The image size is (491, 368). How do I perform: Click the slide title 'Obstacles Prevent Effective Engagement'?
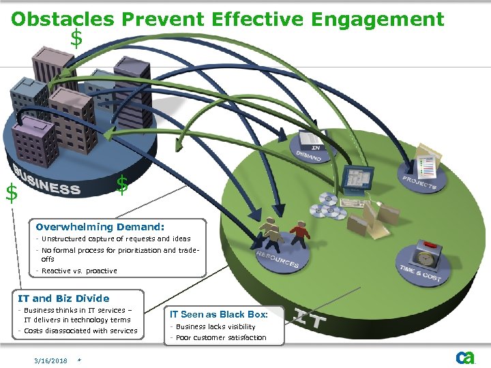pyautogui.click(x=228, y=18)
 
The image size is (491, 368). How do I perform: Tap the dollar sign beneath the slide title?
pyautogui.click(x=76, y=39)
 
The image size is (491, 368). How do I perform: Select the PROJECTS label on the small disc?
pyautogui.click(x=419, y=182)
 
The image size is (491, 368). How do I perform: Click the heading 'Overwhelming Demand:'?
pyautogui.click(x=100, y=227)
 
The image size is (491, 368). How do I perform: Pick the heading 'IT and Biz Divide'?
pyautogui.click(x=63, y=298)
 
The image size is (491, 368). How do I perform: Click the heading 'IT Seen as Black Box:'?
pyautogui.click(x=218, y=314)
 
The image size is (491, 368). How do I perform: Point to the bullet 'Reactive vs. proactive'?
pyautogui.click(x=79, y=271)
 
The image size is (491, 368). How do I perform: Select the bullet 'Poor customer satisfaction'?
pyautogui.click(x=221, y=337)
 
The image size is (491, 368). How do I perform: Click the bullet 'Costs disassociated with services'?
pyautogui.click(x=80, y=331)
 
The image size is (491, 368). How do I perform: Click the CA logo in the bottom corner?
pyautogui.click(x=465, y=357)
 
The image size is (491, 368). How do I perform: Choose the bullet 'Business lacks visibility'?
pyautogui.click(x=216, y=326)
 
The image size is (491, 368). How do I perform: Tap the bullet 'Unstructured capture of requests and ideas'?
pyautogui.click(x=116, y=239)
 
